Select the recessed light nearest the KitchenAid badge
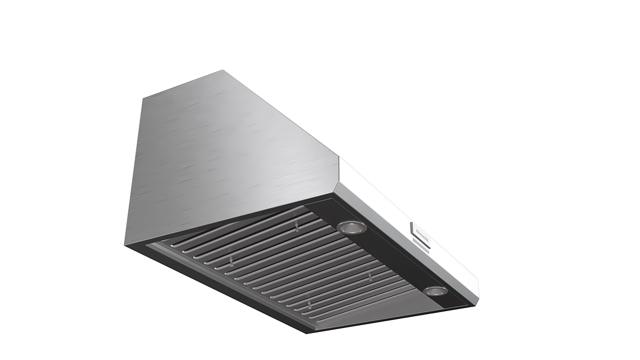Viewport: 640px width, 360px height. tap(351, 227)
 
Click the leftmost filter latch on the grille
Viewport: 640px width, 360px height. tap(231, 263)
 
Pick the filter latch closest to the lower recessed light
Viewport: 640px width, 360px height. tap(370, 276)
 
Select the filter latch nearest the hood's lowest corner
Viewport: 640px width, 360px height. tap(310, 304)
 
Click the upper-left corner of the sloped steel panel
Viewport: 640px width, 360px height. tap(143, 98)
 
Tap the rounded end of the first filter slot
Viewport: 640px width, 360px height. tap(173, 246)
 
